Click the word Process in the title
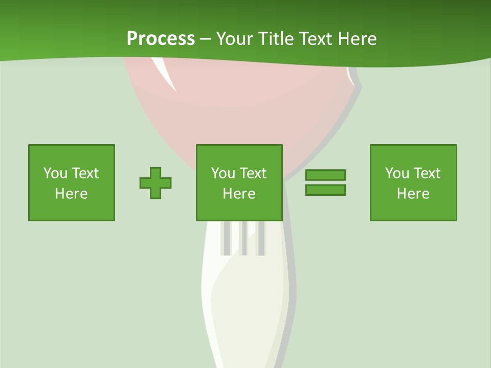161,39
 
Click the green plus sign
155,183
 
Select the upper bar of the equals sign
325,175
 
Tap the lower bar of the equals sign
325,190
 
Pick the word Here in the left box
71,194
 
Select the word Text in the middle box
253,173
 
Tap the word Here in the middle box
239,194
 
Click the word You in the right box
397,173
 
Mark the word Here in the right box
413,194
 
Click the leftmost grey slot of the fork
225,238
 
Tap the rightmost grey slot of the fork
261,238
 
